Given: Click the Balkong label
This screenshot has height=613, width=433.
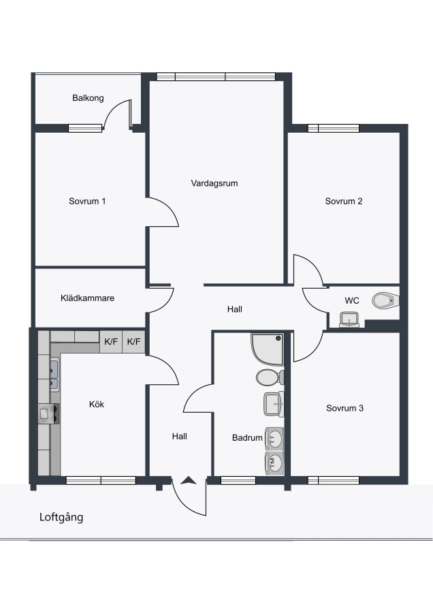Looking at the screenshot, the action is coord(88,98).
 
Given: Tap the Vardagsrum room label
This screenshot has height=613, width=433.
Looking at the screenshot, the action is coord(214,183).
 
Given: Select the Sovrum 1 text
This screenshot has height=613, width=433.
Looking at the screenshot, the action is coord(87,202).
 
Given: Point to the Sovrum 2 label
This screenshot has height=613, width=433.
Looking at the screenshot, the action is coord(344,202).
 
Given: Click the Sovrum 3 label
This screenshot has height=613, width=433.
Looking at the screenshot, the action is coord(344,408).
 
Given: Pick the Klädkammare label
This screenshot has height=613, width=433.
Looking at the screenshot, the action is coord(88,298).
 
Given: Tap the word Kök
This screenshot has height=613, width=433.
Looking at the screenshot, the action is coord(97,404).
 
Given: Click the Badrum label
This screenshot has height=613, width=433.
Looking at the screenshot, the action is coord(247,438).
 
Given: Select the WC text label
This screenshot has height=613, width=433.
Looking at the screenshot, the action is coord(352,300).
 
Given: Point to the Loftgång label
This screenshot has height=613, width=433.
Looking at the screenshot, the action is coord(61,518).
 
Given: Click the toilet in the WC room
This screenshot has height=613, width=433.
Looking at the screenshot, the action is coord(386,300).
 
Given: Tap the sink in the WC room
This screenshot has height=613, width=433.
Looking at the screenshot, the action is coord(349,319).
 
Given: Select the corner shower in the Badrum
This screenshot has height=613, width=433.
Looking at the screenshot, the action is coord(268,349).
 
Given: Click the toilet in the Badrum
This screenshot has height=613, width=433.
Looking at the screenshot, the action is coord(270,377).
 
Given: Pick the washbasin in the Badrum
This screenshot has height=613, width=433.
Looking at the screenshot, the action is coord(274,404).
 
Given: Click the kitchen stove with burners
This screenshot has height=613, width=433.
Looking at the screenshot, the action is coord(49,413).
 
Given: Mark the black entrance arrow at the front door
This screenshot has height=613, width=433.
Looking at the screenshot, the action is coord(189,480).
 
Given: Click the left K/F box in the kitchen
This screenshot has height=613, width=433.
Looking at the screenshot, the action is coord(111,342).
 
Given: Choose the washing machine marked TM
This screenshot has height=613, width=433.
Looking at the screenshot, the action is coord(274,463).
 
